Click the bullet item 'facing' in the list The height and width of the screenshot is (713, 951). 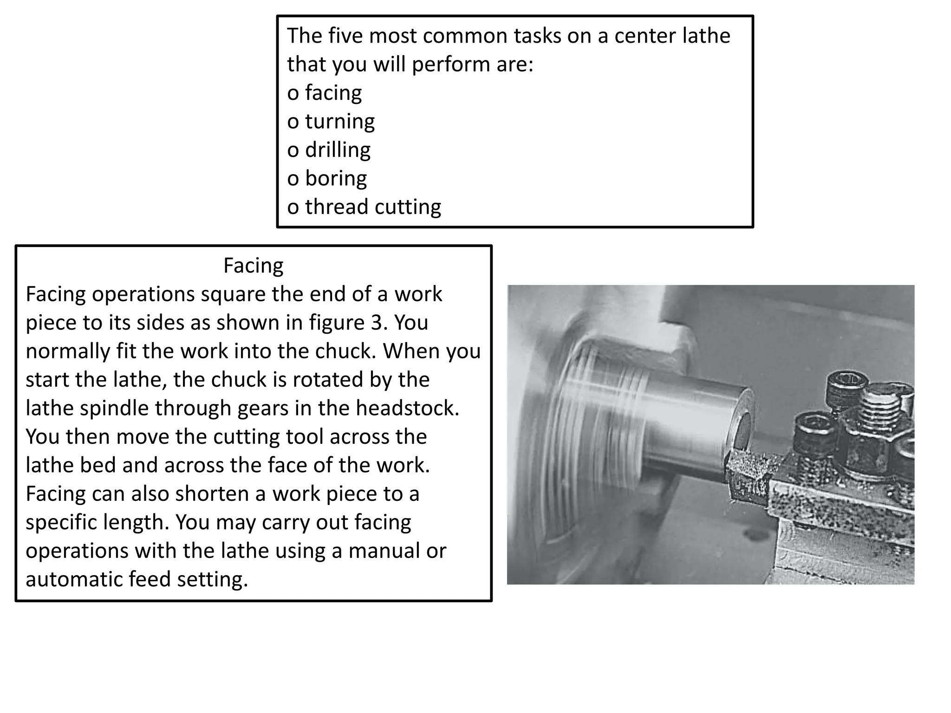[333, 93]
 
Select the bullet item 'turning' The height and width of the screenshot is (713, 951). [339, 122]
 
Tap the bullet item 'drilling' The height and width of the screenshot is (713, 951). [338, 150]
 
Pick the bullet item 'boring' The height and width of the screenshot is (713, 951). [336, 178]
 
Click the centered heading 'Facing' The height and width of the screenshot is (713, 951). [253, 266]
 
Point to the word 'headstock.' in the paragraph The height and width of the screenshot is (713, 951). [407, 408]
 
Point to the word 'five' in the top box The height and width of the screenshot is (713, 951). [345, 36]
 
